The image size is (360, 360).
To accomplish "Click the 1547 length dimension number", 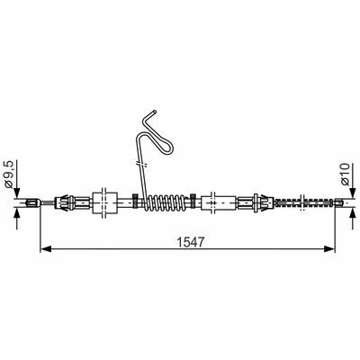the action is click(x=191, y=242).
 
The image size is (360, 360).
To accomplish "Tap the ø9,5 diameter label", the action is click(x=10, y=175).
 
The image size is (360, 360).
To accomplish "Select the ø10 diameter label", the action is click(x=346, y=175).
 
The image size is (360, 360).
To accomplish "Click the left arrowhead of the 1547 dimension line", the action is click(x=45, y=248).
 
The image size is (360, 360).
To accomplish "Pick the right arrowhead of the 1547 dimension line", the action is click(x=329, y=248).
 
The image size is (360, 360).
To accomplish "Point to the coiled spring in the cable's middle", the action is click(x=165, y=202).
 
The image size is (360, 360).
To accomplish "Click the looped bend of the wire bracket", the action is click(x=162, y=140).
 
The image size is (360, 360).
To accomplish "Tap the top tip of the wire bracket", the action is click(x=155, y=112).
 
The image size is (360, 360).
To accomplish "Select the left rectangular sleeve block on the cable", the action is click(x=104, y=202).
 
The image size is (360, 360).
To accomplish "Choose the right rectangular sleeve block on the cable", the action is click(x=218, y=202).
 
